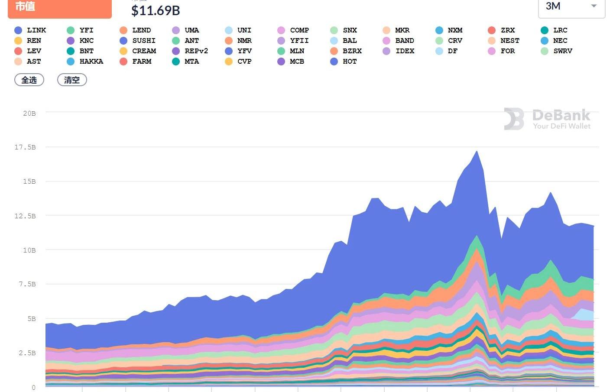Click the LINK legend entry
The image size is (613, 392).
click(30, 30)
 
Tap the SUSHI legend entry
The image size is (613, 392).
click(138, 41)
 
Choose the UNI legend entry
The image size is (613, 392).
click(238, 30)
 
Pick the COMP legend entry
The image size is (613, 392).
click(293, 30)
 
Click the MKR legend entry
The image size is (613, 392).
click(396, 30)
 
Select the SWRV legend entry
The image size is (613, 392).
click(557, 51)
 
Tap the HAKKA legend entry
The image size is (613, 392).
click(85, 62)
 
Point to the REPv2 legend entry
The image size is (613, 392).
click(190, 51)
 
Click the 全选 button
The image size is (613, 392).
click(29, 80)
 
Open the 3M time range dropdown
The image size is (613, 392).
click(571, 6)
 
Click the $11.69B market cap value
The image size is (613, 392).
click(156, 10)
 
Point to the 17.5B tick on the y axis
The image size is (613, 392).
click(25, 147)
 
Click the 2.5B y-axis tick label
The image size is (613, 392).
click(27, 353)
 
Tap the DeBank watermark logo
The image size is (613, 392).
click(547, 119)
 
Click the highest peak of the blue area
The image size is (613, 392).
click(477, 152)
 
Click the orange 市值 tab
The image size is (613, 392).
click(59, 7)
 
